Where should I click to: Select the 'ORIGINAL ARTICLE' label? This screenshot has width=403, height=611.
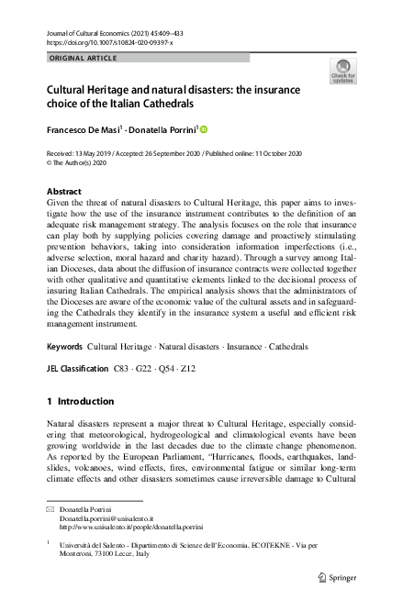pyautogui.click(x=83, y=59)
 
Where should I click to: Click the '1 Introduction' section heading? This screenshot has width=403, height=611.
pyautogui.click(x=80, y=401)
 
